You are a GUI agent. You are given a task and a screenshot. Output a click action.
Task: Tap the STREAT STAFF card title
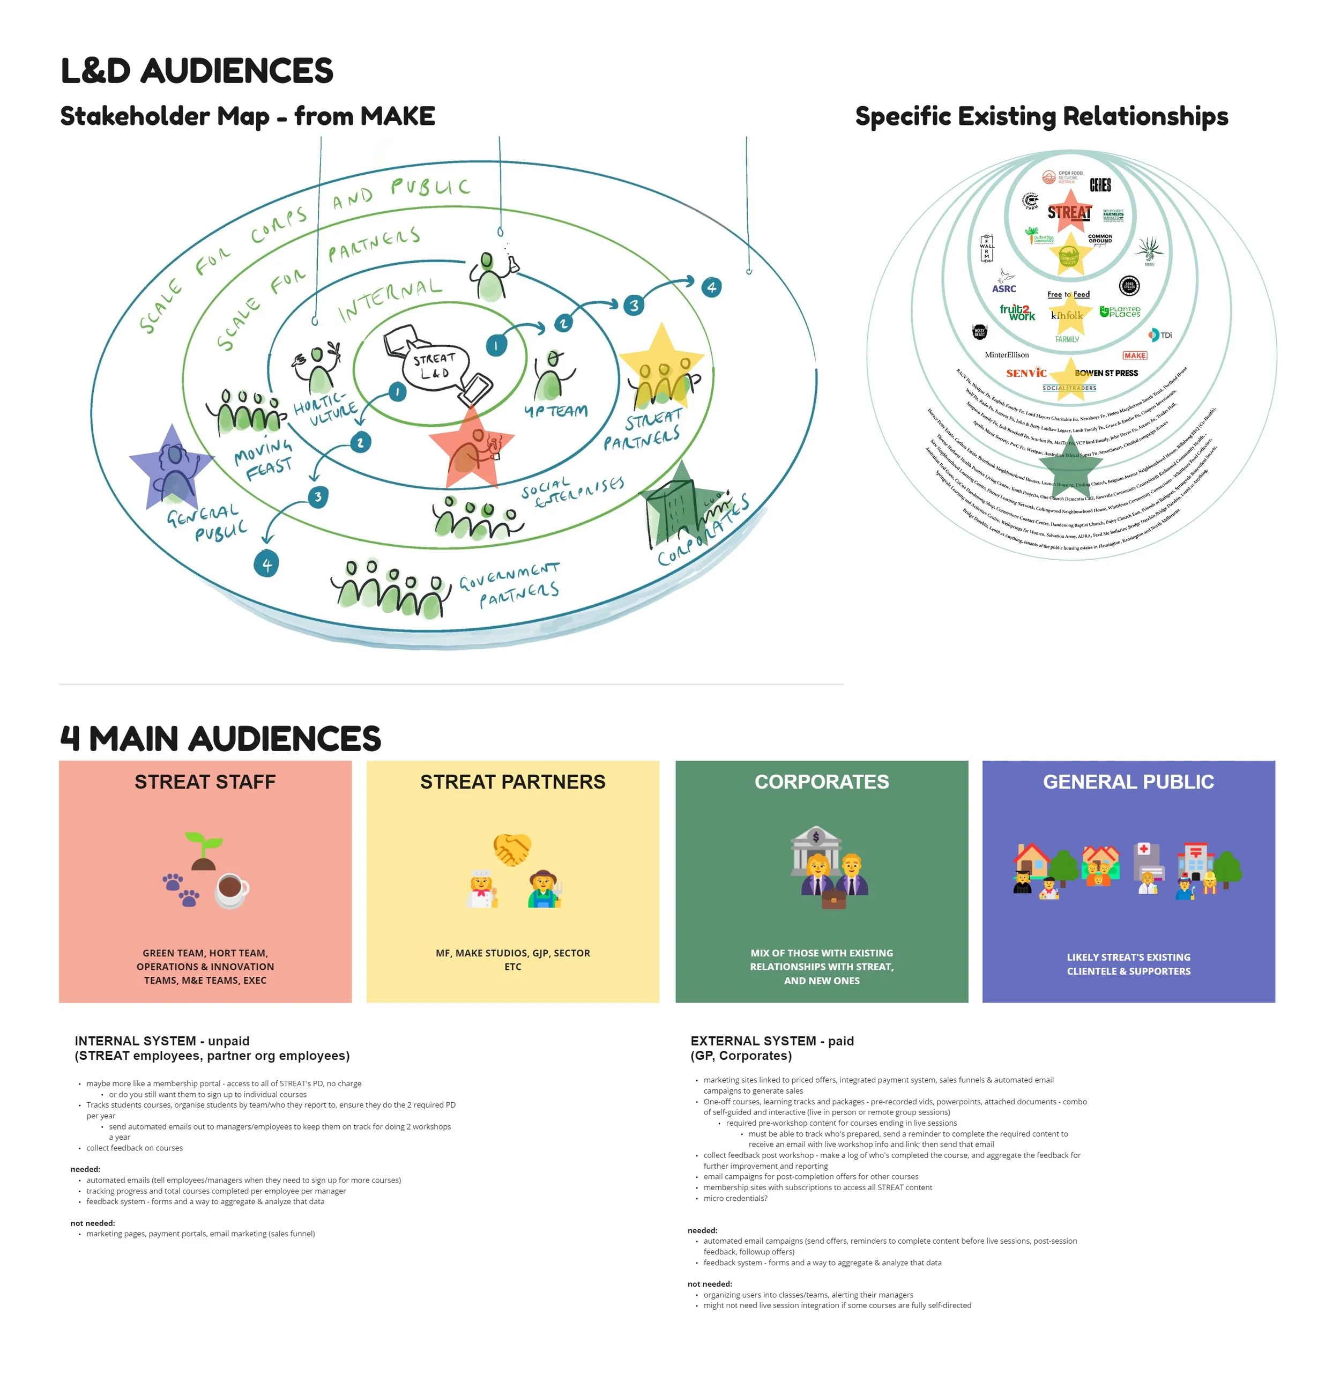[x=205, y=782]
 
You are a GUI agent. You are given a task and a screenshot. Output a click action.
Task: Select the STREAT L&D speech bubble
[x=433, y=366]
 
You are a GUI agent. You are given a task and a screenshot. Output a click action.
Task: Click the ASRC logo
[x=1004, y=288]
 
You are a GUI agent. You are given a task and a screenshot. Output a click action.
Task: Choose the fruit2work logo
[x=1017, y=312]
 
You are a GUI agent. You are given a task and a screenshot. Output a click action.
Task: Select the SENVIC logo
[x=1026, y=373]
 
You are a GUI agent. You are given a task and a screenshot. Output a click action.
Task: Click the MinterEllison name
[x=1006, y=355]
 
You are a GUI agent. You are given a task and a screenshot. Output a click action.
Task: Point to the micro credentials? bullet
[x=735, y=1198]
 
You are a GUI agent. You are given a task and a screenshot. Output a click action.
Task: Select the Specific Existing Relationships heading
[x=1041, y=116]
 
